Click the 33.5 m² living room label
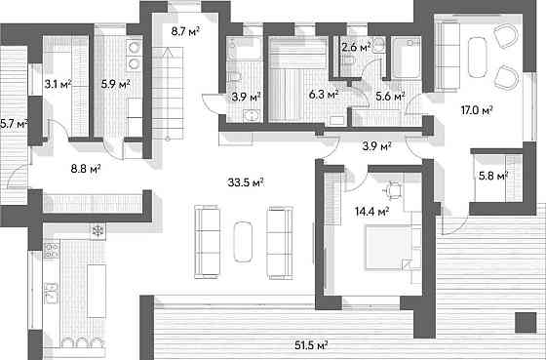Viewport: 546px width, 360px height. click(x=245, y=181)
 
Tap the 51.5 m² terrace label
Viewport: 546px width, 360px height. click(x=311, y=345)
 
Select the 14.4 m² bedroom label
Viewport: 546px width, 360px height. click(x=371, y=211)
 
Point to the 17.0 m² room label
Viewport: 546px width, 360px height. click(x=477, y=110)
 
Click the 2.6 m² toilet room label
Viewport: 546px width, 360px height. click(x=356, y=47)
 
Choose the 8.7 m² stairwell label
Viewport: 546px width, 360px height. click(x=185, y=31)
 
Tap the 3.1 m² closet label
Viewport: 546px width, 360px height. click(x=58, y=84)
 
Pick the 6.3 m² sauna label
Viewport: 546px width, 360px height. click(x=324, y=94)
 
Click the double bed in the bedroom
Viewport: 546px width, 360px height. click(x=387, y=248)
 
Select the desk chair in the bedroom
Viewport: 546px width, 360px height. click(x=394, y=190)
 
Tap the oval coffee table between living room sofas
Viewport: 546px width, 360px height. click(x=243, y=242)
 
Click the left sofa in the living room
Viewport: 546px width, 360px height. click(x=207, y=242)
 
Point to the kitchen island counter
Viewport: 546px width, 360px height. click(x=97, y=291)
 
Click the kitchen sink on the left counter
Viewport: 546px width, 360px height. click(x=51, y=293)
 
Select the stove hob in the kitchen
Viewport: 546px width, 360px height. click(x=51, y=251)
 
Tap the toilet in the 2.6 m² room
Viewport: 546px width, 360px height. click(x=347, y=61)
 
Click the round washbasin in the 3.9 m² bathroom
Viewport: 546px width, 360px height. click(x=251, y=115)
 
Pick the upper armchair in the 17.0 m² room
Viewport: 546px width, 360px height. click(x=506, y=35)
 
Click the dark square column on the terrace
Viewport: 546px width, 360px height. click(x=526, y=323)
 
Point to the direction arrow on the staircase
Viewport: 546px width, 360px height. click(x=168, y=94)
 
